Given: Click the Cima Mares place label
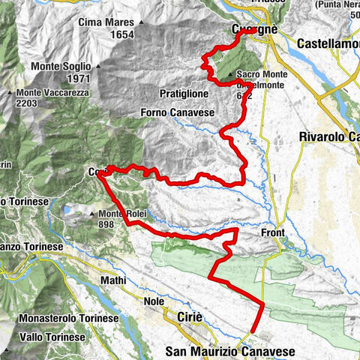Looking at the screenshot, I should tap(106, 23).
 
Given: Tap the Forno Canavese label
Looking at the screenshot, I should tap(177, 112).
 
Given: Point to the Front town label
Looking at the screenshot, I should tap(272, 233).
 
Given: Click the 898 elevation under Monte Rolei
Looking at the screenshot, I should tap(109, 224).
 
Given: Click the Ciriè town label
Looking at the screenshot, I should tap(190, 318).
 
